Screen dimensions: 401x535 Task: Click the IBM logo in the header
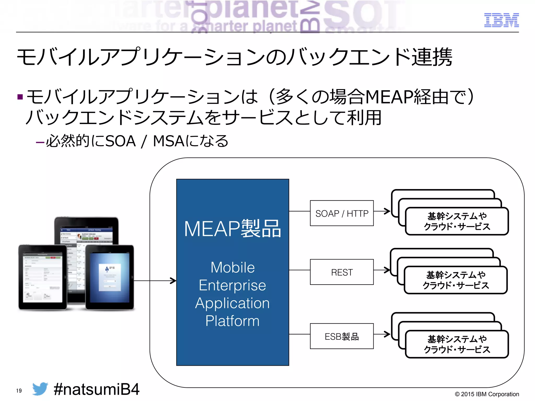pos(501,20)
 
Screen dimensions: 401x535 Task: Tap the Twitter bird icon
pos(40,389)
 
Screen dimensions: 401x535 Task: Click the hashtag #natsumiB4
pos(96,389)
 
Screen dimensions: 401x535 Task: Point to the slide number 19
pos(19,391)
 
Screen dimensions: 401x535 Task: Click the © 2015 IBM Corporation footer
pos(487,394)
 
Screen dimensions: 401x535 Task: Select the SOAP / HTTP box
pos(342,213)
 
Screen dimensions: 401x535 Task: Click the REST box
pos(342,272)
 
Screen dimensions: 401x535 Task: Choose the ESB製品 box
pos(342,336)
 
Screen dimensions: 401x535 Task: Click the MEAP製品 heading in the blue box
pos(232,229)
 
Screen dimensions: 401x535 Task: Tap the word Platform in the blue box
pos(232,321)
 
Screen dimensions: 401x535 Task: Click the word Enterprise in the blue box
pos(232,285)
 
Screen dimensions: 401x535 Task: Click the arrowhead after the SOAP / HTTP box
pos(387,211)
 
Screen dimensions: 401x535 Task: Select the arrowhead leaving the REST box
pos(387,270)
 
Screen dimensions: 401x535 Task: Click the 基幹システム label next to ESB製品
pos(457,339)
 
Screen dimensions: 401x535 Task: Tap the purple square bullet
pos(20,97)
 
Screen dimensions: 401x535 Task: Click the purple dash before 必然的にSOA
pos(40,142)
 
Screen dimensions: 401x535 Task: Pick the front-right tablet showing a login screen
pos(110,277)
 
